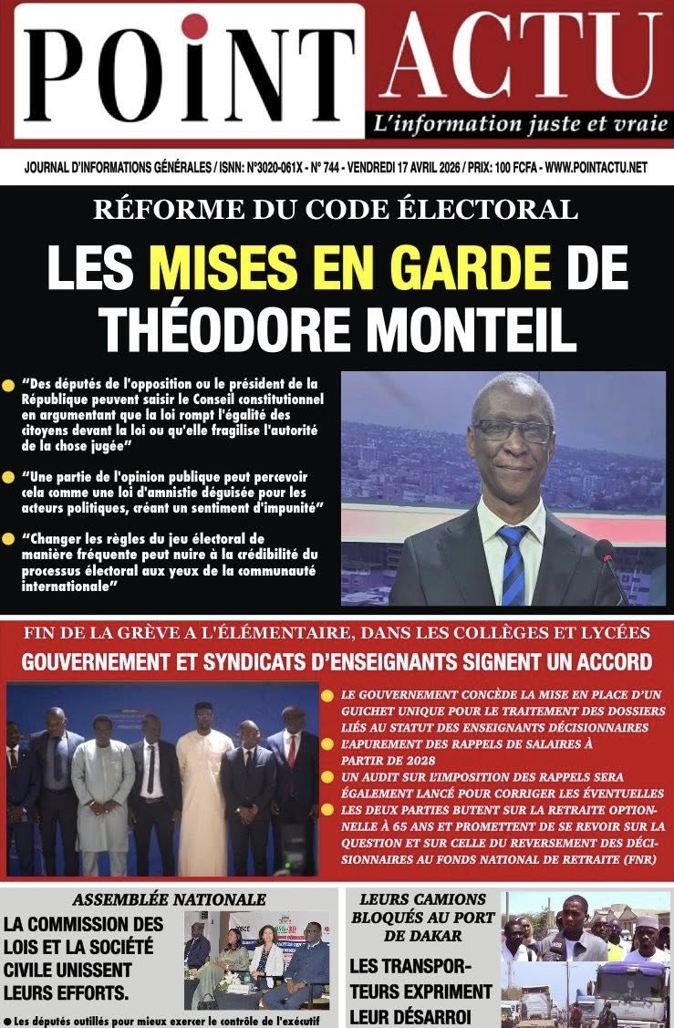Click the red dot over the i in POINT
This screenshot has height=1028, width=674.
click(x=194, y=27)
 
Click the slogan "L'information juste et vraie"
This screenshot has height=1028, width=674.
click(x=520, y=125)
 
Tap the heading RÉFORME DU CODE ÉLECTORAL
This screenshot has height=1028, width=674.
click(x=336, y=210)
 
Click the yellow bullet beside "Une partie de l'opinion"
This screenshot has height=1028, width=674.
click(x=8, y=478)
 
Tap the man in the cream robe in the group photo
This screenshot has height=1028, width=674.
click(x=203, y=794)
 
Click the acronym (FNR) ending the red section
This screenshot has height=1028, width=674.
click(x=638, y=859)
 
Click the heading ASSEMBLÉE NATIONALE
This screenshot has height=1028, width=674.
click(x=169, y=899)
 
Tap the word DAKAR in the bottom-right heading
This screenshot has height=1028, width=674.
click(x=422, y=935)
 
